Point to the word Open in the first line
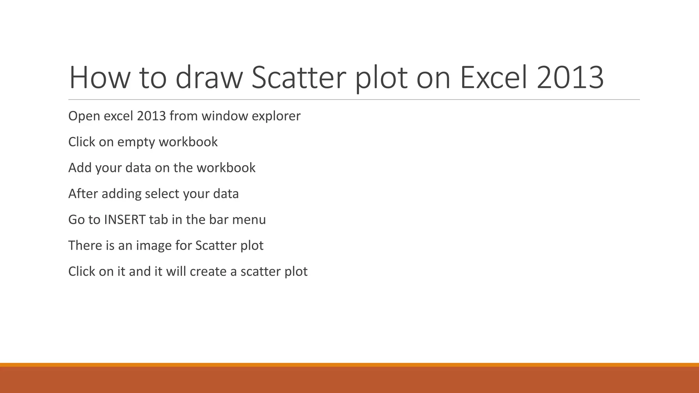[x=84, y=116]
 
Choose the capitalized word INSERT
[x=125, y=220]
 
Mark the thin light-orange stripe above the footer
[x=349, y=365]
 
